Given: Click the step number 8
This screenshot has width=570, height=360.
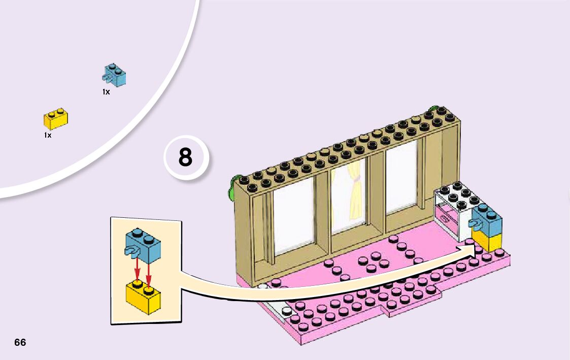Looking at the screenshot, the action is click(x=185, y=157).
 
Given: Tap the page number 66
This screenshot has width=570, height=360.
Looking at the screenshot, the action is click(x=20, y=342).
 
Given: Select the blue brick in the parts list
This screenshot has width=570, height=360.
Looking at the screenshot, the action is click(x=114, y=76).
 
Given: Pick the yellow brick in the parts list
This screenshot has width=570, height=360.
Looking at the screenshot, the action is click(x=56, y=119).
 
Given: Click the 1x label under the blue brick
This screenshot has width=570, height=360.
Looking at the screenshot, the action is click(x=106, y=92).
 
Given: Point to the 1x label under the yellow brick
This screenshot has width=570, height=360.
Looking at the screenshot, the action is click(x=48, y=136).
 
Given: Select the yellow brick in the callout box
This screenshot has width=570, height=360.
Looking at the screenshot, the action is click(x=143, y=297).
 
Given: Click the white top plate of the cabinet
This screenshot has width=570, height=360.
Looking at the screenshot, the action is click(x=454, y=195).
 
